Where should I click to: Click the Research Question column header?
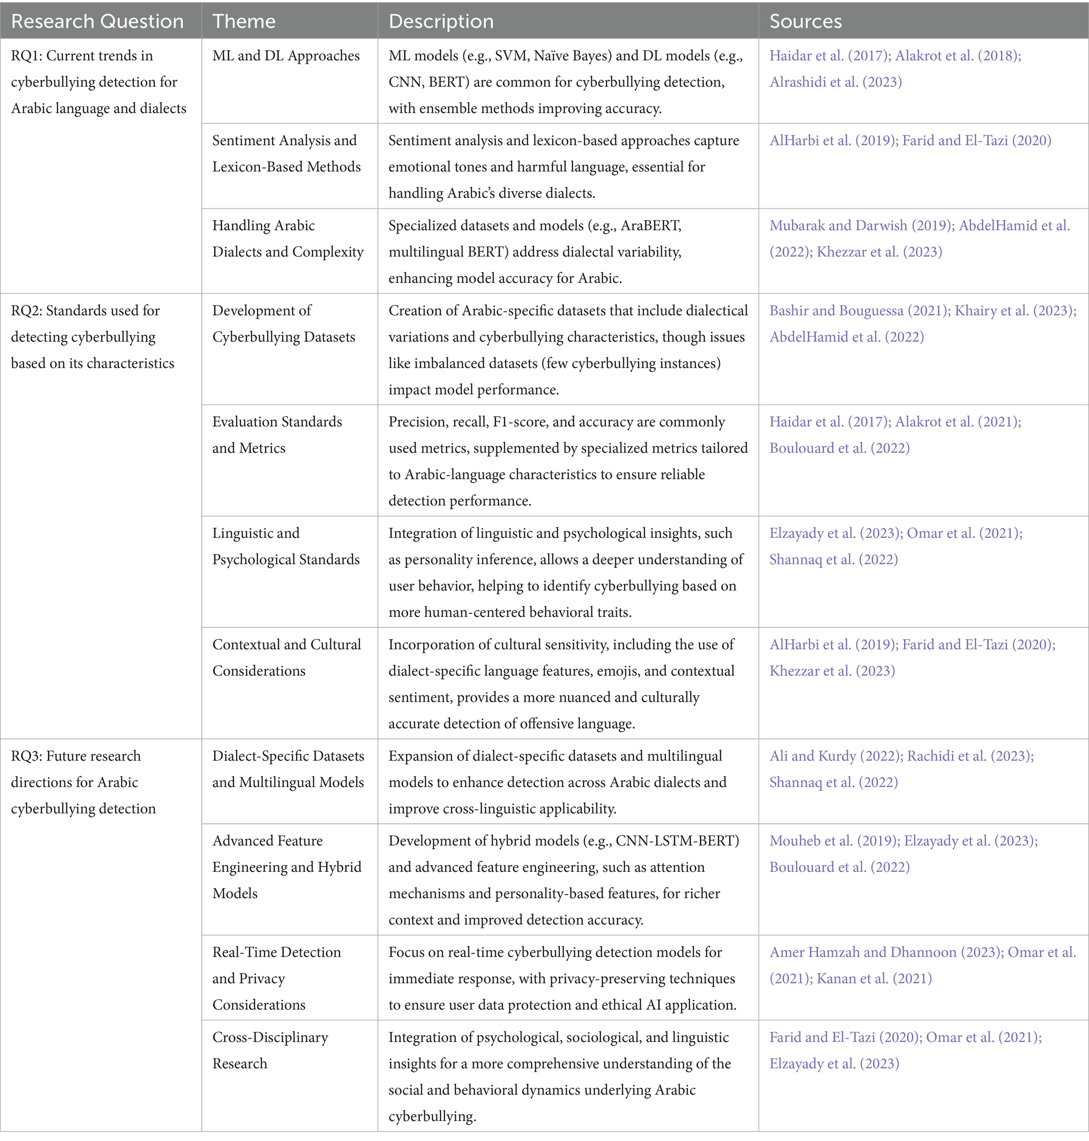click(97, 22)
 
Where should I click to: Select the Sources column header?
click(805, 22)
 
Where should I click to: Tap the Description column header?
click(440, 22)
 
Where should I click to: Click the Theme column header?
click(244, 22)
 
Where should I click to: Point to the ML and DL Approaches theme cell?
click(286, 56)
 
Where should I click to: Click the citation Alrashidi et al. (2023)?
click(836, 82)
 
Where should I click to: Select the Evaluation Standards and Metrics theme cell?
click(277, 435)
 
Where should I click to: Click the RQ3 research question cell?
click(83, 782)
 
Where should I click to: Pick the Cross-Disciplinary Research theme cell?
click(270, 1050)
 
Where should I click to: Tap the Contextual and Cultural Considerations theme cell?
click(286, 657)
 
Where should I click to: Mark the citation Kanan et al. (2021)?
click(874, 979)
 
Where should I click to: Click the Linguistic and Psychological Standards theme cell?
click(286, 546)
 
